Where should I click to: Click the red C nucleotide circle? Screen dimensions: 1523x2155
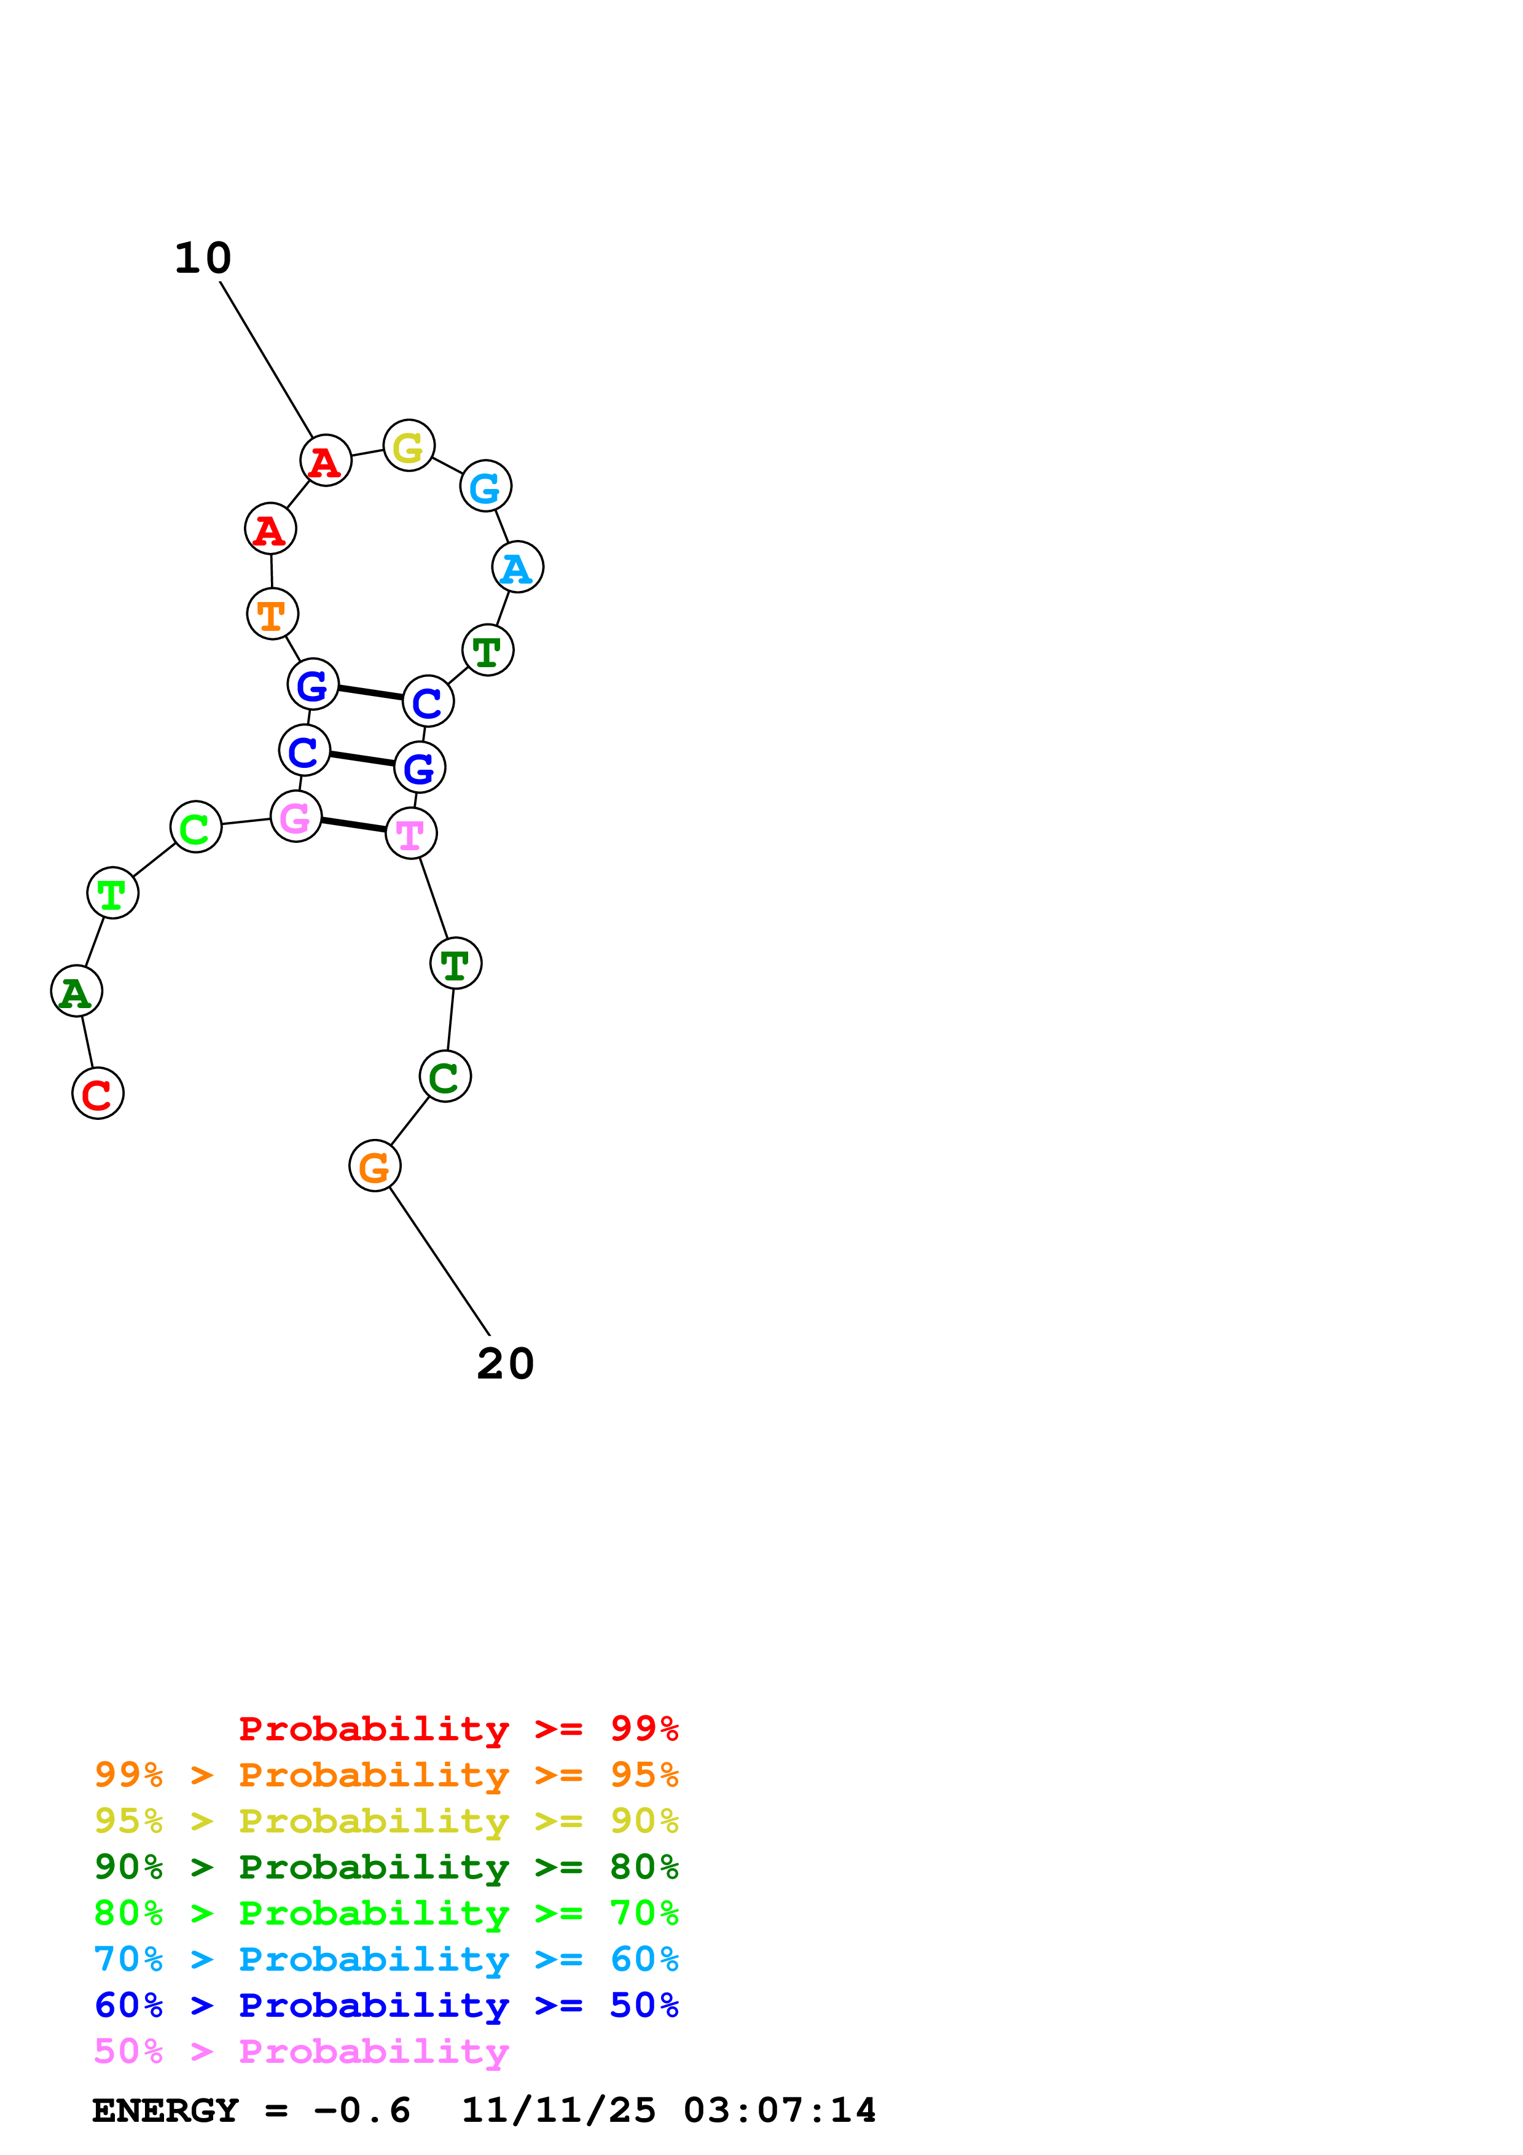coord(98,1093)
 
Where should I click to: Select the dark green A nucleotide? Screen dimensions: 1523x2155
coord(76,991)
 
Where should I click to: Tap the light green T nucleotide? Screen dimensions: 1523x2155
coord(112,893)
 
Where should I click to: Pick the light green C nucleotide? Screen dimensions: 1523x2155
coord(195,827)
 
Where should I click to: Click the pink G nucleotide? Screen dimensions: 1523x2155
coord(296,816)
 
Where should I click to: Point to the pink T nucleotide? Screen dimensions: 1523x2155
coord(411,832)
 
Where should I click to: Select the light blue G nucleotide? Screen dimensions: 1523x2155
coord(485,486)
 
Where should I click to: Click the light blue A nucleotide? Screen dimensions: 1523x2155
coord(517,567)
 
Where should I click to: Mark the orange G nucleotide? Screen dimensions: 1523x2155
coord(374,1166)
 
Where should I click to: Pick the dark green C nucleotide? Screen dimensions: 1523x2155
coord(445,1076)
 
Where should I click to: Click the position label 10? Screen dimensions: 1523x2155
coord(203,258)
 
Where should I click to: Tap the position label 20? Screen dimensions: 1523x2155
coord(505,1364)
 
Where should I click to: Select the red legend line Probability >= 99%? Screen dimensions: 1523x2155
coord(458,1729)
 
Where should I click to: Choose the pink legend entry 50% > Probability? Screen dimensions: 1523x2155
coord(301,2052)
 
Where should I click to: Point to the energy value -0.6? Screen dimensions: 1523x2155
coord(362,2111)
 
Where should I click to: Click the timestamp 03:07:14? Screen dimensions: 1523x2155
coord(779,2111)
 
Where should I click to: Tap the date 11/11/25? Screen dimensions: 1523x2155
coord(558,2111)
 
